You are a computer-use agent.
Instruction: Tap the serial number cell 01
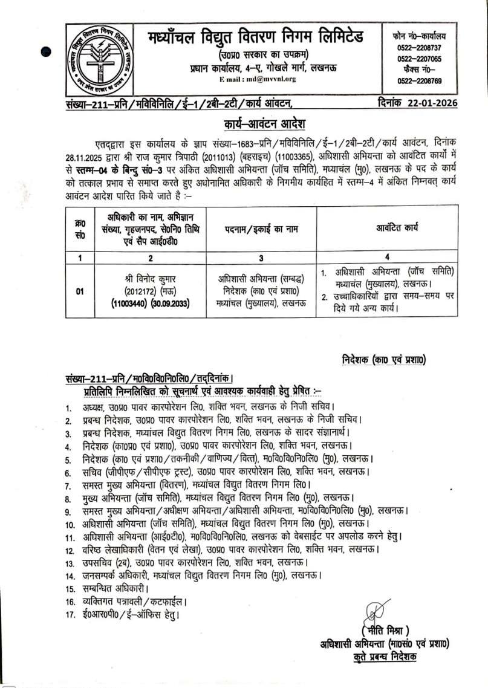pyautogui.click(x=79, y=292)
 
